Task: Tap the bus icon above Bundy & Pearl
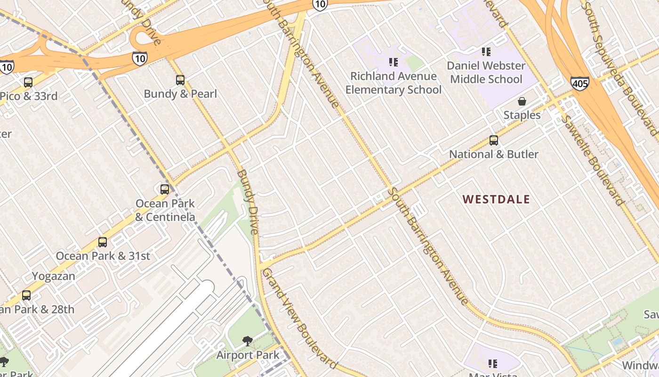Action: coord(180,80)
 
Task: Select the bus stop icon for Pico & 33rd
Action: coord(28,82)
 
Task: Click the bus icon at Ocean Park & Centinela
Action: coord(165,189)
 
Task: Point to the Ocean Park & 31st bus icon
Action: coord(103,242)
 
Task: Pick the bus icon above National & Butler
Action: coord(493,140)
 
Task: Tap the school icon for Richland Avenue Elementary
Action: coord(394,62)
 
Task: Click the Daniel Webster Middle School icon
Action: coord(486,51)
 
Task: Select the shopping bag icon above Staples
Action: coord(522,101)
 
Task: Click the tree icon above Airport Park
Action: coord(247,341)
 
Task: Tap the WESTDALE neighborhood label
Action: coord(496,199)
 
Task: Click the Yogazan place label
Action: coord(54,276)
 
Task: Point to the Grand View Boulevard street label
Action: coord(299,319)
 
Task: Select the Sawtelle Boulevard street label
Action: coord(592,160)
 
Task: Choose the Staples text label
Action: coord(522,115)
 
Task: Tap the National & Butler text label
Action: coord(494,154)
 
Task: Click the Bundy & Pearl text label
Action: coord(180,94)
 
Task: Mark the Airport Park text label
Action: coord(248,354)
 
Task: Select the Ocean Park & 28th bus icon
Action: coord(26,295)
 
